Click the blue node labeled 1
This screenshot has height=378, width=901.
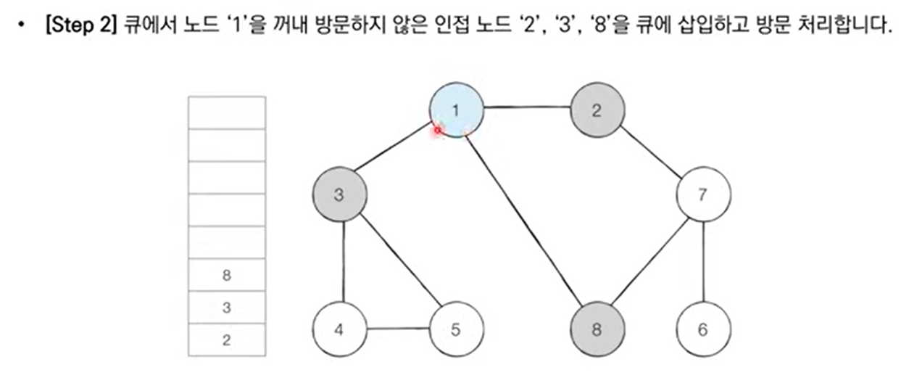(456, 110)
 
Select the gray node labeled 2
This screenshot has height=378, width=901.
(597, 110)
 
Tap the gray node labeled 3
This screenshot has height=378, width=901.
(339, 194)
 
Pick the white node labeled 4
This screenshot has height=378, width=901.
(339, 329)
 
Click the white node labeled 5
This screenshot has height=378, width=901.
(455, 329)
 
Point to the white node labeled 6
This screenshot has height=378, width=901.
(702, 329)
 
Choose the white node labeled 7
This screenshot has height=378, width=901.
(702, 194)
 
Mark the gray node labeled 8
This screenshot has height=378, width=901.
(597, 329)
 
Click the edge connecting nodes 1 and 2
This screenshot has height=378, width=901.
(526, 107)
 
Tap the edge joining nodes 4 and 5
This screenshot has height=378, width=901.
(397, 329)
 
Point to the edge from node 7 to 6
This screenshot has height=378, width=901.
(703, 262)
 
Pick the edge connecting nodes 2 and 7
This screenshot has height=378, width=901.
(650, 153)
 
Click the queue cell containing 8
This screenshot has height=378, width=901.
(227, 275)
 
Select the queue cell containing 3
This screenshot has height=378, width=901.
(227, 308)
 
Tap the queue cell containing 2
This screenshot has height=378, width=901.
(227, 340)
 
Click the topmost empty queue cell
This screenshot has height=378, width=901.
(227, 112)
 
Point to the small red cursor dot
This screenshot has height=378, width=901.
(438, 131)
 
